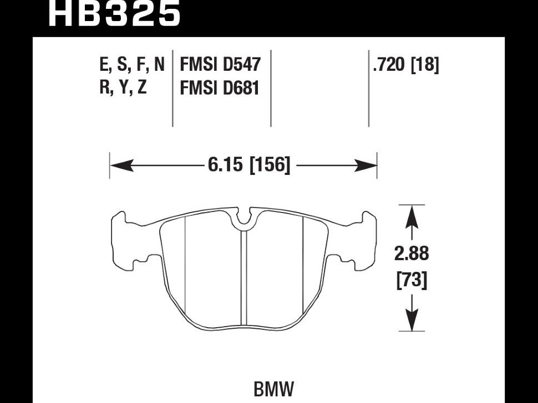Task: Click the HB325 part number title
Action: click(114, 13)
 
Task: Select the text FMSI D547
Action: click(220, 65)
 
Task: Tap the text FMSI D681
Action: click(220, 87)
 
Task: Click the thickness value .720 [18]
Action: click(406, 65)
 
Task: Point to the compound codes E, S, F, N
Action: click(132, 65)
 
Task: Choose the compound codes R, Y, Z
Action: click(123, 87)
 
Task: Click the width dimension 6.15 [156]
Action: click(249, 165)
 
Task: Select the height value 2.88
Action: click(412, 254)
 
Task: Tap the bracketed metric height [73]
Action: click(412, 281)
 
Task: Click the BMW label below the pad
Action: click(273, 389)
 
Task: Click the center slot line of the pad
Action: click(244, 277)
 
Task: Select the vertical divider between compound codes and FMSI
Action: click(172, 89)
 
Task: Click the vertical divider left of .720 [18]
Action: click(369, 89)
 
